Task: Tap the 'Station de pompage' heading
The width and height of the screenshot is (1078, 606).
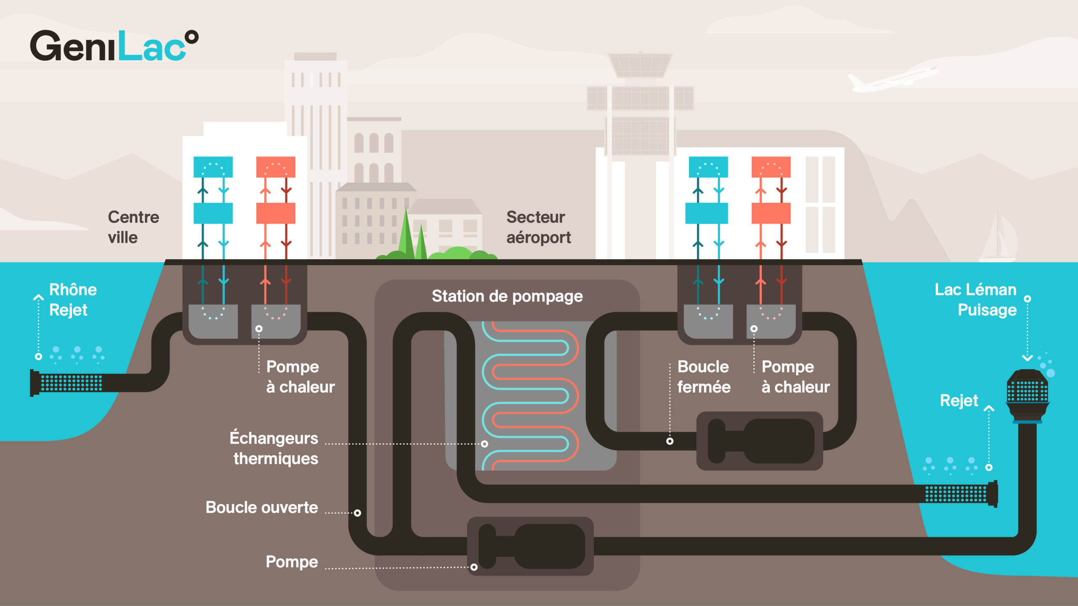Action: pos(507,296)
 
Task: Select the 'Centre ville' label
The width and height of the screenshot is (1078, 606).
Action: pos(133,227)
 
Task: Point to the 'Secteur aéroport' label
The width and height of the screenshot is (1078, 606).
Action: pos(538,227)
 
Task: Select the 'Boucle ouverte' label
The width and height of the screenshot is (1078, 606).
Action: pos(261,508)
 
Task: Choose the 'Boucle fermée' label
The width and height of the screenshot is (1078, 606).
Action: pos(704,377)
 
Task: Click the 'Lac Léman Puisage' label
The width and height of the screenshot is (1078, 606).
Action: pos(976,300)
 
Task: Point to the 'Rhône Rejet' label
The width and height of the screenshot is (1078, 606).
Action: pos(72,300)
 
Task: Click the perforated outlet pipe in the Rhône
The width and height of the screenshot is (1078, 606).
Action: pos(69,383)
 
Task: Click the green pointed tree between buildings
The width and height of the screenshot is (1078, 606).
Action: pos(406,234)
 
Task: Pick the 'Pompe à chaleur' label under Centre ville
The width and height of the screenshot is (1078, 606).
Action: pos(300,377)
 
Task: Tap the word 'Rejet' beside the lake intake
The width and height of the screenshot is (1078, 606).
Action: pos(959,401)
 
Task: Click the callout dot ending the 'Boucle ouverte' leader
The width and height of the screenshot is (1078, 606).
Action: pos(358,513)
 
